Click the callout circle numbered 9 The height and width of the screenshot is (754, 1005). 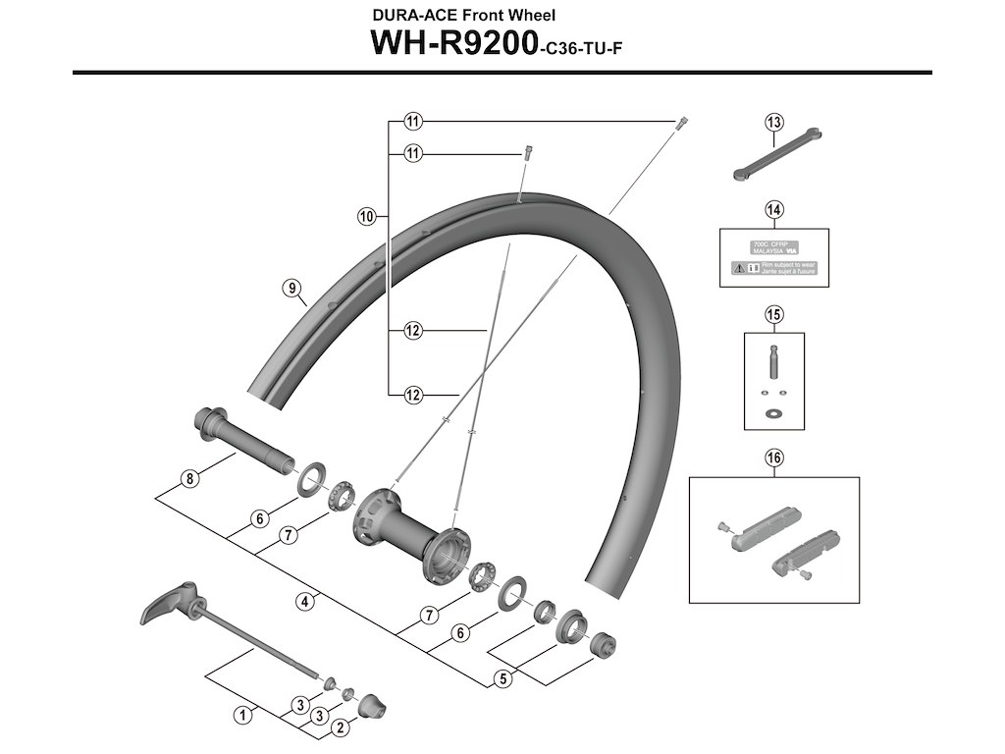[x=291, y=288]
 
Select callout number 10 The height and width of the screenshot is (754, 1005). [x=367, y=216]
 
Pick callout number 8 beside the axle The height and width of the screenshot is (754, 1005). [x=189, y=480]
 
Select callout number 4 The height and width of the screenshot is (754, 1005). [x=307, y=601]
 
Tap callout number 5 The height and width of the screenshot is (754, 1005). [x=503, y=676]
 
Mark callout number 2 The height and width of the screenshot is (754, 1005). [x=340, y=727]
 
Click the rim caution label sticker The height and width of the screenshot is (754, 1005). [x=775, y=257]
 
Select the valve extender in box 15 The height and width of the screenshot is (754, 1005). [x=772, y=365]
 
